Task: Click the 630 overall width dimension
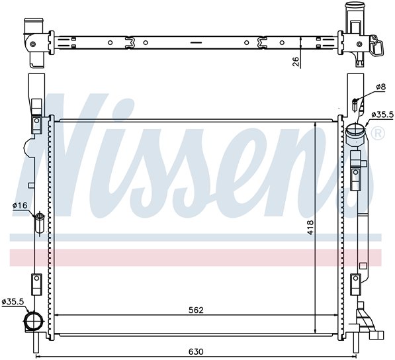pos(196,351)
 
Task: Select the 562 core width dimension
pos(196,310)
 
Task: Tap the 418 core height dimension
pos(310,228)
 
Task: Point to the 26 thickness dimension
pos(296,62)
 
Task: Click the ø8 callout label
pos(380,87)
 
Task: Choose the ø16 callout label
pos(20,206)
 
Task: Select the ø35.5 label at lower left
pos(13,302)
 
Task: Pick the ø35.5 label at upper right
pos(382,115)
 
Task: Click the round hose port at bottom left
pos(33,320)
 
